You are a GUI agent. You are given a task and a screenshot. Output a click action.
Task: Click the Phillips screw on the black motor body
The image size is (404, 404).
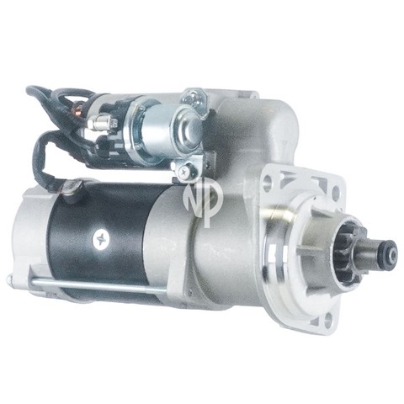101,239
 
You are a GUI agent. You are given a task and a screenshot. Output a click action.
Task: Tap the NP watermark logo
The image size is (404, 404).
203,201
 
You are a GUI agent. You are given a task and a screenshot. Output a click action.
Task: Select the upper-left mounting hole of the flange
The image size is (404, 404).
268,181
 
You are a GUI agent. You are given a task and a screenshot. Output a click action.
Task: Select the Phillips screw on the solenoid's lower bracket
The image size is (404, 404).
184,171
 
